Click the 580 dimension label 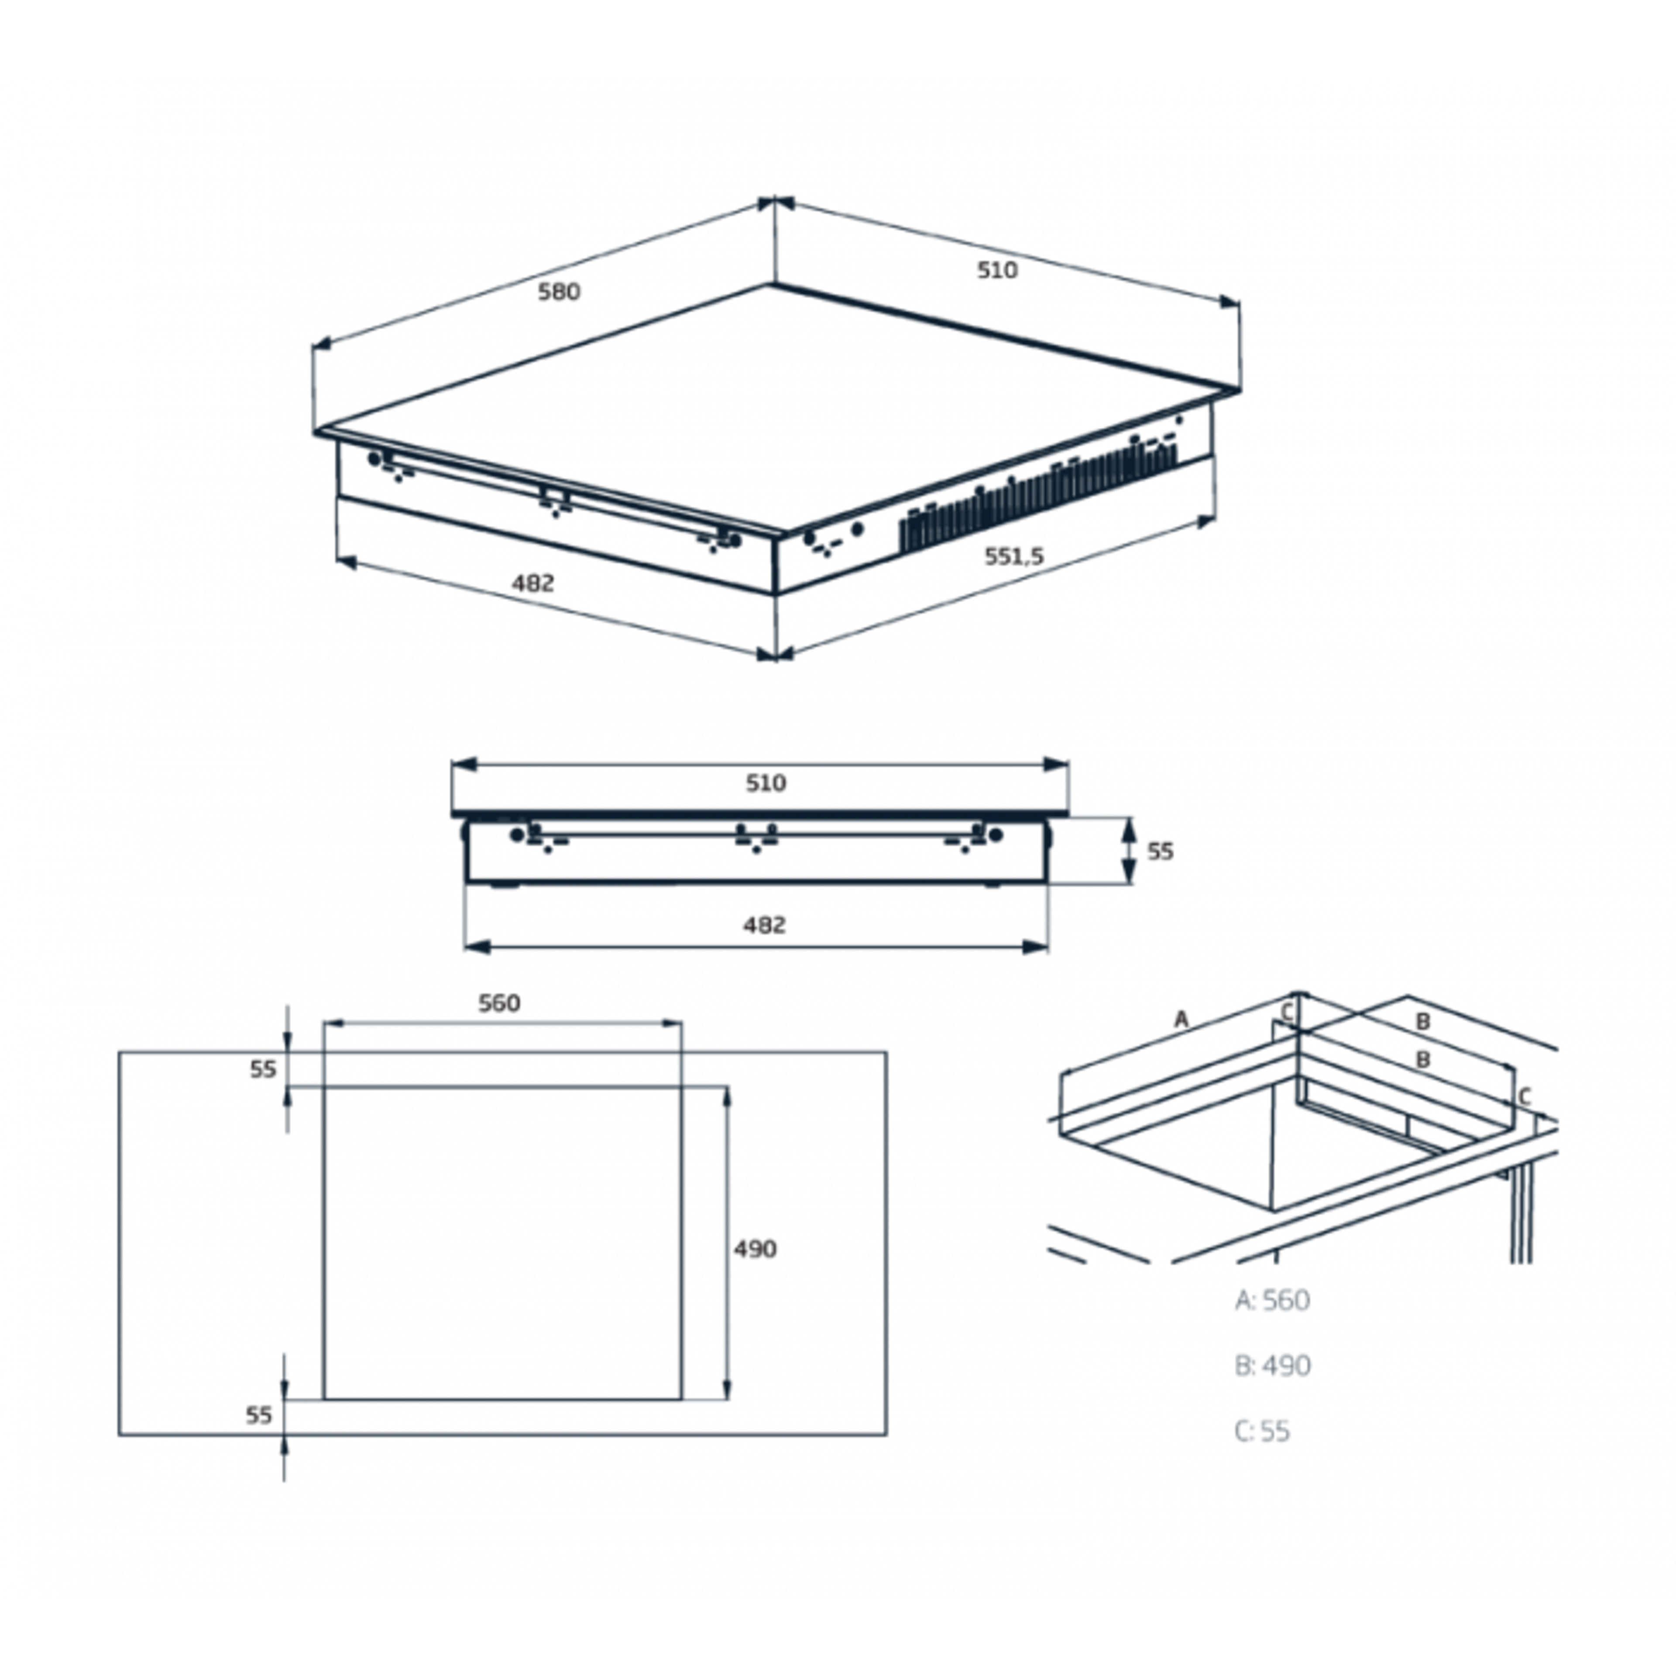pyautogui.click(x=559, y=292)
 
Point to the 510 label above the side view pyautogui.click(x=766, y=783)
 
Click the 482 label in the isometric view pyautogui.click(x=532, y=583)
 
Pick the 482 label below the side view pyautogui.click(x=764, y=925)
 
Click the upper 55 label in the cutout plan pyautogui.click(x=263, y=1070)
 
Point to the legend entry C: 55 pyautogui.click(x=1262, y=1431)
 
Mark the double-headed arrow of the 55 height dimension pyautogui.click(x=1129, y=851)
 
